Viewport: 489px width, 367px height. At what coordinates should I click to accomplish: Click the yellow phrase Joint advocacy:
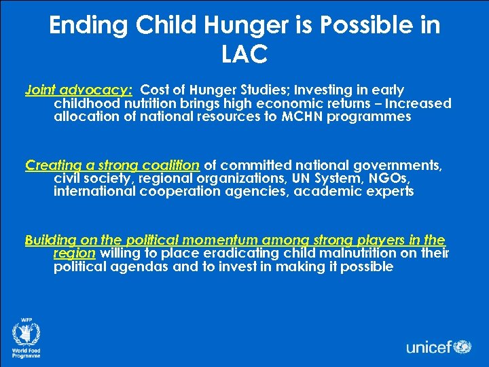tap(79, 90)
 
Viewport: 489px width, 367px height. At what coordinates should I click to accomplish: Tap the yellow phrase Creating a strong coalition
tap(112, 165)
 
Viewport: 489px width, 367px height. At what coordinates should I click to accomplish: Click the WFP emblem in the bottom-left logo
tap(26, 334)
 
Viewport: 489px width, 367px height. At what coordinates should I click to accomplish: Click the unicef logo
tap(438, 347)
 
